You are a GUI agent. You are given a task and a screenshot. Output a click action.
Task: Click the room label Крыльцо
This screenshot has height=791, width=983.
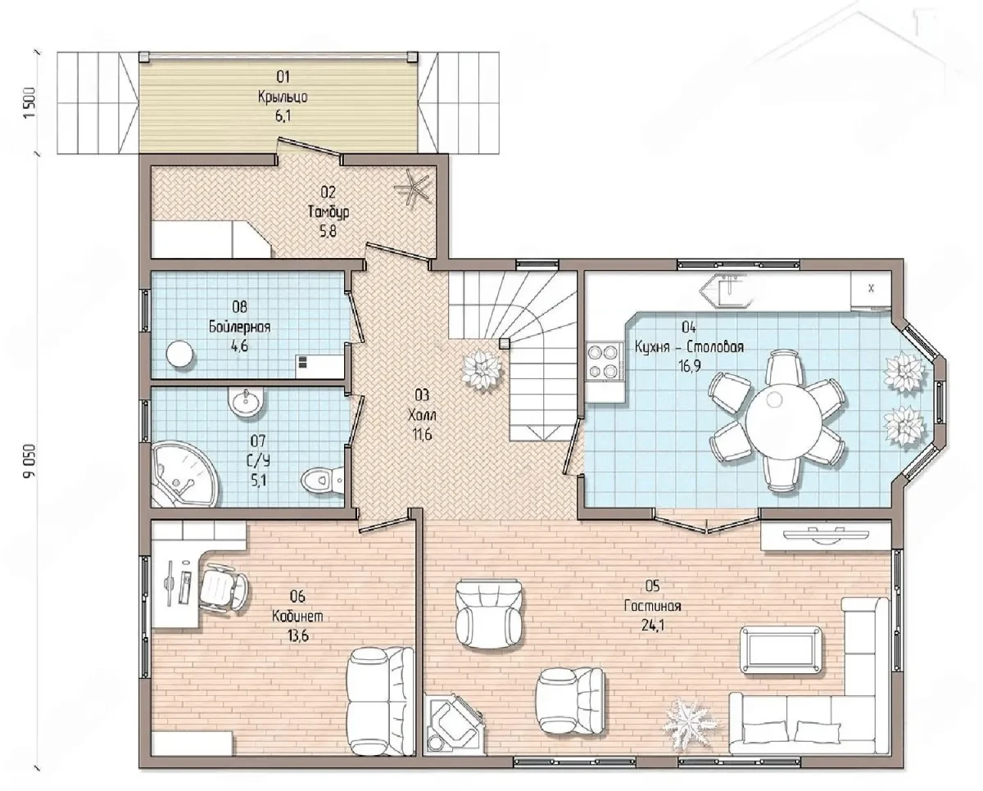(283, 97)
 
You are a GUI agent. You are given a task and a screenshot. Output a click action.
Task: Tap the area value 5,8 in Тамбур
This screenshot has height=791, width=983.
(328, 232)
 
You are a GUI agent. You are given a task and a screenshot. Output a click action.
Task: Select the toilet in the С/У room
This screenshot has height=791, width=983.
(323, 480)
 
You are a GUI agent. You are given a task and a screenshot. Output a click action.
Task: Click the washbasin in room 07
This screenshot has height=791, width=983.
(246, 402)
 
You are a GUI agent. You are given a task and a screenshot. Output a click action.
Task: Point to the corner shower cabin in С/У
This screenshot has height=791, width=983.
(185, 473)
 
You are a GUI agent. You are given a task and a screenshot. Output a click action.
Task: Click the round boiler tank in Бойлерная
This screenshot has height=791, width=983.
(179, 354)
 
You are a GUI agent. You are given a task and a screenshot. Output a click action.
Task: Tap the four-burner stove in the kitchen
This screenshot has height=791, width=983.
(605, 363)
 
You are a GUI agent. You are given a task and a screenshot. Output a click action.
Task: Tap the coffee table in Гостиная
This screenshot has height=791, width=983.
(781, 650)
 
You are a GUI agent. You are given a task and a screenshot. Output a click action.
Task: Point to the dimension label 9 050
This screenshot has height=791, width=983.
(29, 460)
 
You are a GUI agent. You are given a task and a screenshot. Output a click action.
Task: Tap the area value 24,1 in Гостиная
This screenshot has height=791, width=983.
(653, 625)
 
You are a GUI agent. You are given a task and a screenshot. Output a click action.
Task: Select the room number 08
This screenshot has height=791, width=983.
(240, 306)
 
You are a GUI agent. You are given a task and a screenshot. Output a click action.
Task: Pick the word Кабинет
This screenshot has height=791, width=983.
(297, 616)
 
